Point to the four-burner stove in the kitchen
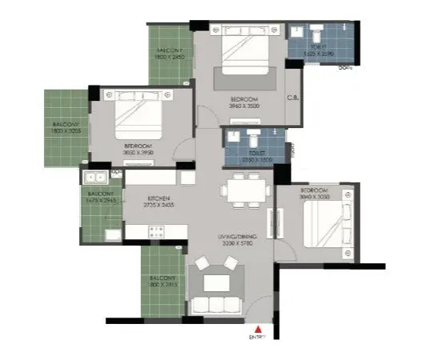[x=154, y=231]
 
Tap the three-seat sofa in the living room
[x=214, y=305]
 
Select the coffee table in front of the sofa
[x=215, y=282]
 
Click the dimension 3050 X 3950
[x=137, y=151]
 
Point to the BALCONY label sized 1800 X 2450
[x=170, y=54]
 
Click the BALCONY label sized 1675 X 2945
[x=101, y=198]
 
